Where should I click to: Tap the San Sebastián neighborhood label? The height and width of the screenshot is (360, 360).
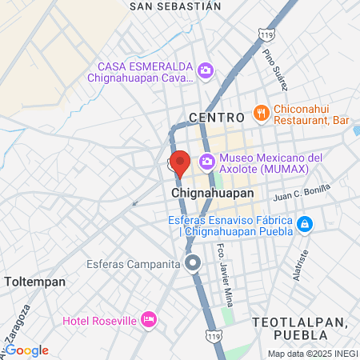click(174, 6)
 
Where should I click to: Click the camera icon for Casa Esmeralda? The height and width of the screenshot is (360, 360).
click(206, 72)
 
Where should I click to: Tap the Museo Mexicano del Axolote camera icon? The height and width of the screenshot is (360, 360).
click(207, 162)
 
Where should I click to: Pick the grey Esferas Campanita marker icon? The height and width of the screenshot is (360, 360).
click(193, 262)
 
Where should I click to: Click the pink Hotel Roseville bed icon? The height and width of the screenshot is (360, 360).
click(148, 320)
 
